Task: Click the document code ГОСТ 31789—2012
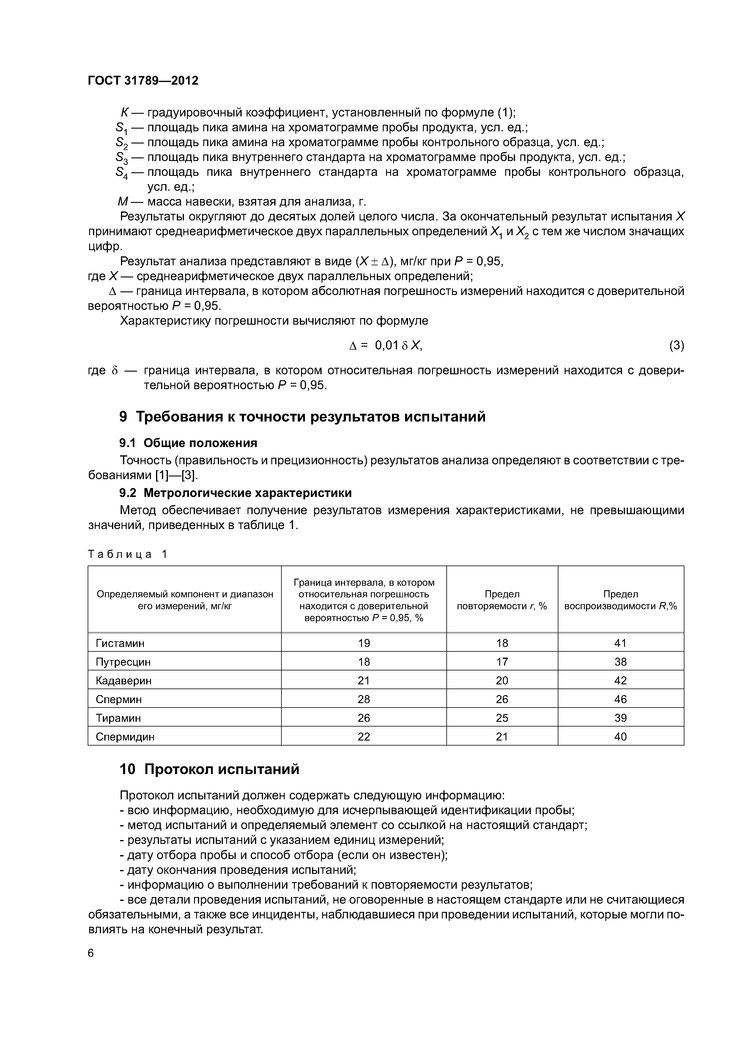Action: click(x=143, y=81)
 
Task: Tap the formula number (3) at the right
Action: click(x=676, y=345)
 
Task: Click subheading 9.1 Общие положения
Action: click(x=188, y=443)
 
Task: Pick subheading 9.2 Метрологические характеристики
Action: click(x=235, y=492)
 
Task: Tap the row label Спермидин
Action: click(x=125, y=737)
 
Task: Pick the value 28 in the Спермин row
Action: click(x=364, y=699)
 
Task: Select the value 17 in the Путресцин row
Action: click(x=502, y=662)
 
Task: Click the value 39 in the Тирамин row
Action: click(x=620, y=718)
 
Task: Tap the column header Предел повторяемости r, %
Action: click(x=502, y=600)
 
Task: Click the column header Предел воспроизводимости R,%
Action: click(x=620, y=600)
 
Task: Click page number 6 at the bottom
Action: click(x=91, y=953)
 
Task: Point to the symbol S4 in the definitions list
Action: click(x=122, y=173)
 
